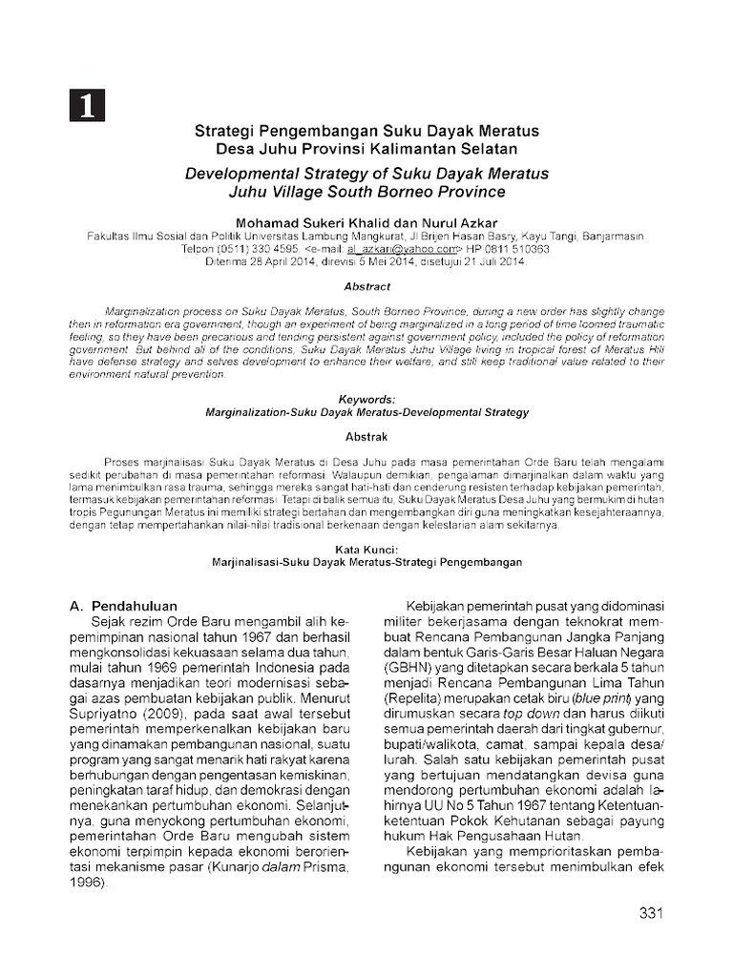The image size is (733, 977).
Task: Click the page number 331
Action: pos(650,913)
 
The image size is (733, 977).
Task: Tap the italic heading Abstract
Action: pos(366,285)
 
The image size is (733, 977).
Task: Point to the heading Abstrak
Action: pos(366,435)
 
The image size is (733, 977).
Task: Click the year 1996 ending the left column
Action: pos(89,883)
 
